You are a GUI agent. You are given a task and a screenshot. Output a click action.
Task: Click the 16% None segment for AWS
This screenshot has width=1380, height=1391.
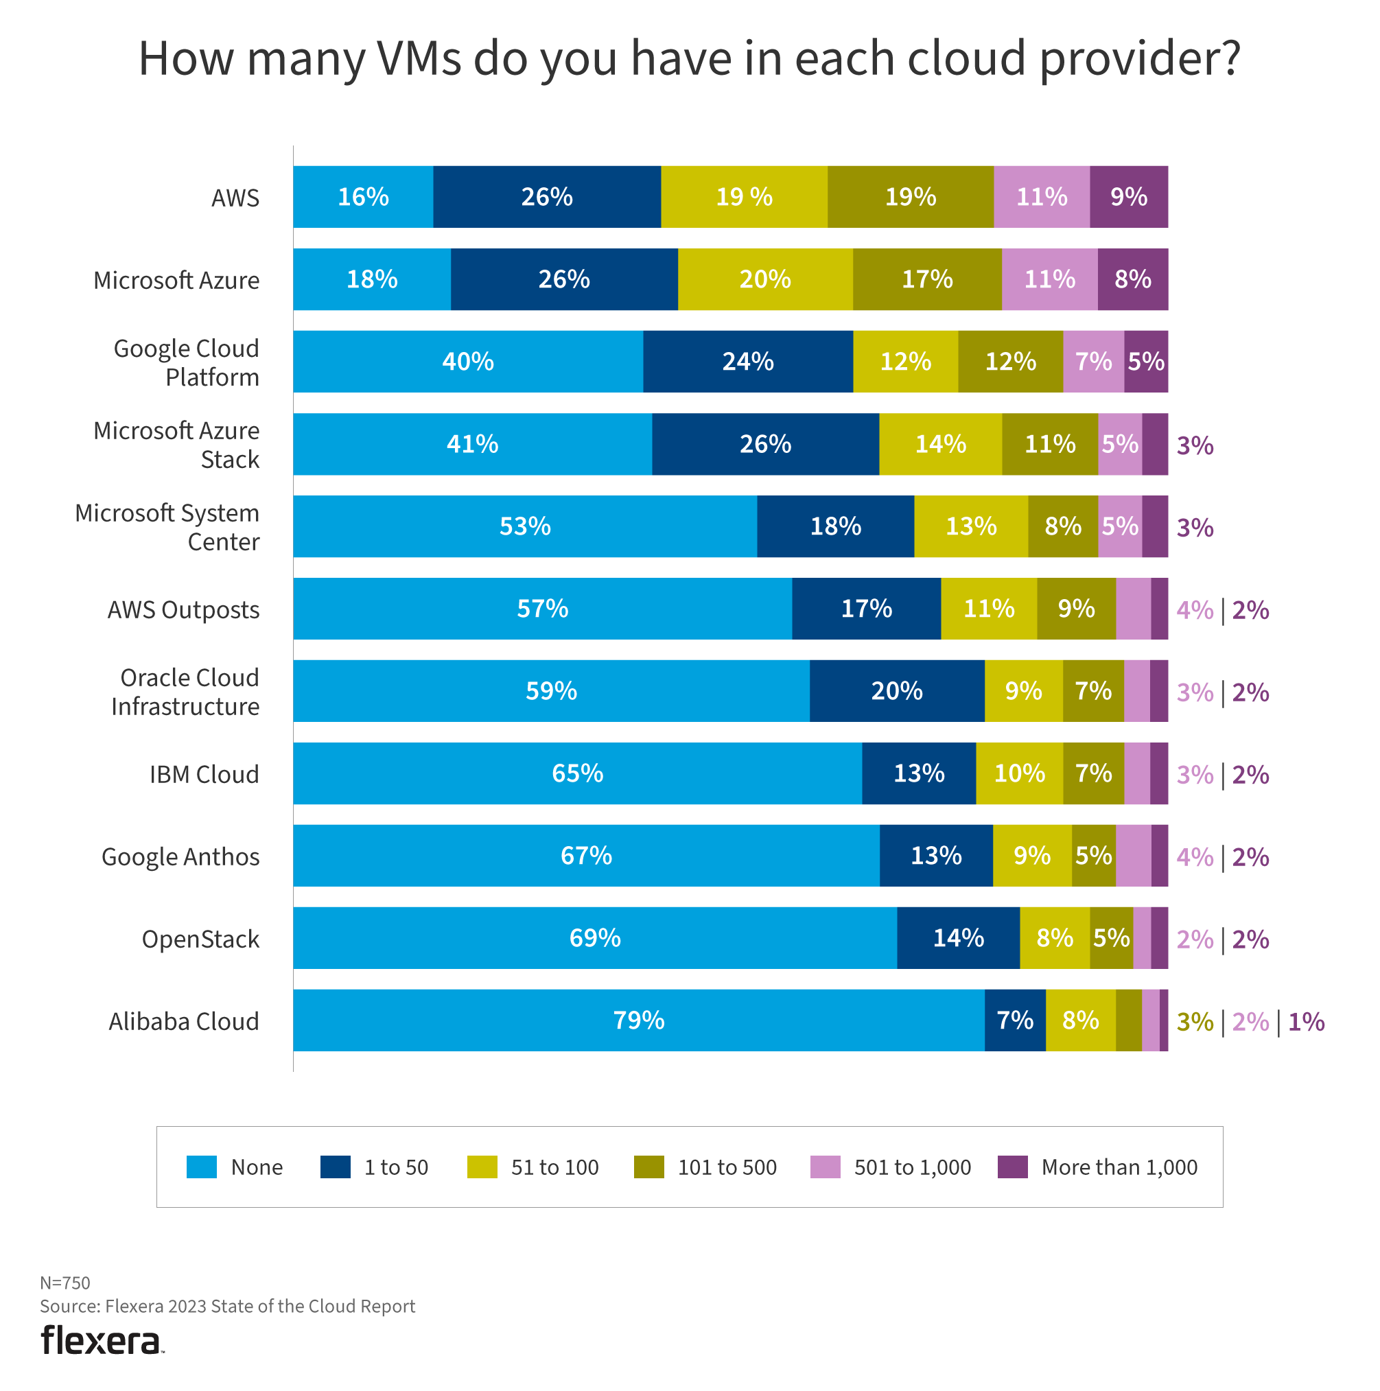click(363, 196)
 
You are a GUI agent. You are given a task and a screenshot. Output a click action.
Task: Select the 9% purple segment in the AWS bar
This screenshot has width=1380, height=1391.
click(1128, 196)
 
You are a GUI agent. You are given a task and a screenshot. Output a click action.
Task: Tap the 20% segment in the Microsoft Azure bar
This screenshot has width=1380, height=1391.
click(764, 279)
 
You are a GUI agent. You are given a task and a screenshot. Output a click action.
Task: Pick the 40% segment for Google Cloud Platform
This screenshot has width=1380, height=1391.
click(468, 362)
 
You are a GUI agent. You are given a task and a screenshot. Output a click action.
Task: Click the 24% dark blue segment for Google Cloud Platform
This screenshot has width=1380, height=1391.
click(747, 362)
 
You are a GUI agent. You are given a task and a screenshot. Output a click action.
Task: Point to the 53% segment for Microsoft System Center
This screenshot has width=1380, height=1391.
click(525, 526)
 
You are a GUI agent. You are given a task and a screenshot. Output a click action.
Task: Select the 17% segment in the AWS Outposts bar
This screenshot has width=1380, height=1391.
click(866, 609)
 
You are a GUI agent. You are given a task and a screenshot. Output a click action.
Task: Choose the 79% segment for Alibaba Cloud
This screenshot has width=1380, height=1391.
click(638, 1020)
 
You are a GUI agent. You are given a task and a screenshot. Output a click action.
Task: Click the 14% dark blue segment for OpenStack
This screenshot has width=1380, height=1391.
click(958, 937)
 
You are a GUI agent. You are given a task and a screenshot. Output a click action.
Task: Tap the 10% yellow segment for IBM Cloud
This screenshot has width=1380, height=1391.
click(1018, 773)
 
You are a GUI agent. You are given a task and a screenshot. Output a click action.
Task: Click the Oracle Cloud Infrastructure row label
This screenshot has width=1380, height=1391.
click(185, 692)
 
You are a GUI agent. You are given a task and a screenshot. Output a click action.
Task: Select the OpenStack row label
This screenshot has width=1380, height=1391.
click(200, 939)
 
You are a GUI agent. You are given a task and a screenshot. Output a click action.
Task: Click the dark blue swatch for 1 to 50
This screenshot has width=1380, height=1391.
click(335, 1167)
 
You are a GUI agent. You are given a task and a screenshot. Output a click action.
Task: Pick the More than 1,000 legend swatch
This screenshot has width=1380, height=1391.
click(1012, 1167)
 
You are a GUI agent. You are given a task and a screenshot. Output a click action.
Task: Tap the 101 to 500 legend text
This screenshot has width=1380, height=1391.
click(727, 1167)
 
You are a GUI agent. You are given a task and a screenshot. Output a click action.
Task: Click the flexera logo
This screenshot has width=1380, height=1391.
click(101, 1340)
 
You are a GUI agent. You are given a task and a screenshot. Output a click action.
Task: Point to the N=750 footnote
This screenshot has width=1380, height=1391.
click(65, 1283)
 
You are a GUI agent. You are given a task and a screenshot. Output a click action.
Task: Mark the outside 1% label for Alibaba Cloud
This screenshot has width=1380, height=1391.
click(1306, 1022)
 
